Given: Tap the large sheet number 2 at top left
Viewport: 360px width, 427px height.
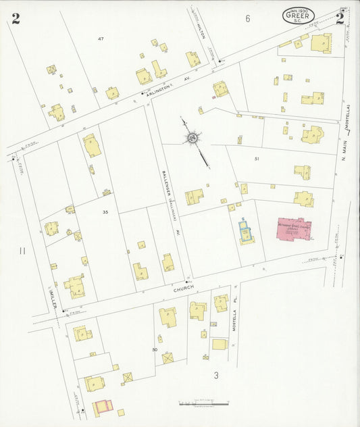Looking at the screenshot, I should point(16,18).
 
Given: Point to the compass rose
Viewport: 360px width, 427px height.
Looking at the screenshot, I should point(192,138).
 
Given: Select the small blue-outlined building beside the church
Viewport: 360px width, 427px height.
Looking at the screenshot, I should point(245,232).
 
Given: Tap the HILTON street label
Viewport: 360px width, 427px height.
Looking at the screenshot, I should point(201,30).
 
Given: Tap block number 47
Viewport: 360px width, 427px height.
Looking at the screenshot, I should point(101,39).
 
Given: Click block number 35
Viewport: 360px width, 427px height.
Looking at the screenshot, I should point(105,213).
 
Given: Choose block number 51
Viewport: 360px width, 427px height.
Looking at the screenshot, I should point(257,158).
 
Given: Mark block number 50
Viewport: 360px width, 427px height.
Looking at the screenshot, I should point(155,350).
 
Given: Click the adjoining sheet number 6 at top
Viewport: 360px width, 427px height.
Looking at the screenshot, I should point(247,19).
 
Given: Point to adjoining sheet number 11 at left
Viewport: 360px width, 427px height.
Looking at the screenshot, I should point(22,251).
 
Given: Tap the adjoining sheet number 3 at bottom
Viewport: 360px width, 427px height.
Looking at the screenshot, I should point(216,376).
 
